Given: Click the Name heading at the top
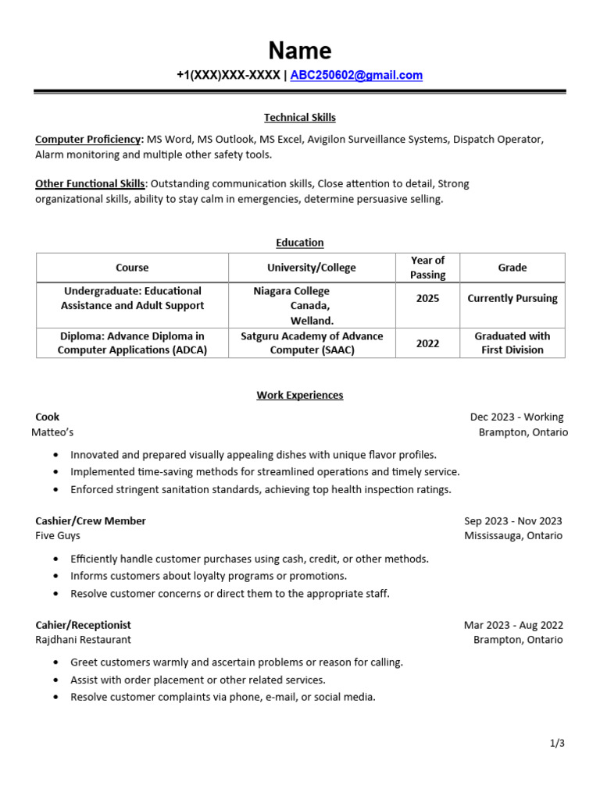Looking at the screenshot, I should coord(300,51).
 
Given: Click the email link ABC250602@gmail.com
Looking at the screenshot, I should coord(356,76).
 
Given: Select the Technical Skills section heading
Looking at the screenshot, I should coord(300,118).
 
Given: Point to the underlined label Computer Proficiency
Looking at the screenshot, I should coord(87,140).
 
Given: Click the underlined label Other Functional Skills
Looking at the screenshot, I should coord(90,184).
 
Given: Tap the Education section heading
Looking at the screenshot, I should coord(300,243).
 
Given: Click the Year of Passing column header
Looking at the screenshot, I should coord(427,268).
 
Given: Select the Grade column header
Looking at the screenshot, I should coord(512,268).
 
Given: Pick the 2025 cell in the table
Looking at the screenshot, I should coord(427,298).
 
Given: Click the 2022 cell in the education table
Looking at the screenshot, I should coord(427,343).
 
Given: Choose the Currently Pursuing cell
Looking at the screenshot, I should coord(512,298).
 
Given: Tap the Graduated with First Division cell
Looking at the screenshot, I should coord(512,343).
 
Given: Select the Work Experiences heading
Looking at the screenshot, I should coord(300,396).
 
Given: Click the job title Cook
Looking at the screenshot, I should coord(48,417).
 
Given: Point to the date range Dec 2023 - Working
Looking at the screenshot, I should coord(516,417).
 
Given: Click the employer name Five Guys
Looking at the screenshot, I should coord(58,536).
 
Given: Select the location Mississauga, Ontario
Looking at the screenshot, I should coord(513,536).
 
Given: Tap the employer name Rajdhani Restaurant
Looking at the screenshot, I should coord(84,640).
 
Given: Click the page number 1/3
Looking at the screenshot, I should coord(557,744).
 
